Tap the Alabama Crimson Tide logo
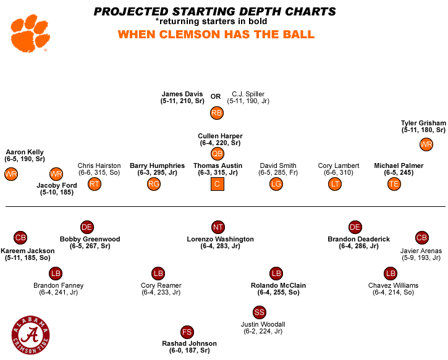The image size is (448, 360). tap(29, 335)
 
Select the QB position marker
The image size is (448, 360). tap(218, 154)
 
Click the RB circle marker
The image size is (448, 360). tap(216, 113)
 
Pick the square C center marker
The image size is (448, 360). tap(218, 184)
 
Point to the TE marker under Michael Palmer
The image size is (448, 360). tap(394, 184)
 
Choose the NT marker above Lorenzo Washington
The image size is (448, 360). tap(218, 227)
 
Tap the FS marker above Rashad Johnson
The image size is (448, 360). tap(187, 332)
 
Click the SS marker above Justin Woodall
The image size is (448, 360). tap(260, 312)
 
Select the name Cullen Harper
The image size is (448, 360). tap(220, 136)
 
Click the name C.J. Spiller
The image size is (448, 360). tap(248, 94)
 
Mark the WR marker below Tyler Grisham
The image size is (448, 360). tap(426, 144)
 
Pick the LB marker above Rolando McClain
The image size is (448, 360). tap(276, 274)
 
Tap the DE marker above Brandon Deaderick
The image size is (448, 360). tap(355, 227)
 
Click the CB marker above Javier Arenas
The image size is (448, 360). tap(421, 238)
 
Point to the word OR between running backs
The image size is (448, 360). tap(216, 96)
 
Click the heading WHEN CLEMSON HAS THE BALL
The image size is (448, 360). tap(216, 34)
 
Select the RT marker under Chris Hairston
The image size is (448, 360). tap(94, 184)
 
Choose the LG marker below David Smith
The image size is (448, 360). tap(276, 184)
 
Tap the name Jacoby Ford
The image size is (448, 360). tap(56, 185)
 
